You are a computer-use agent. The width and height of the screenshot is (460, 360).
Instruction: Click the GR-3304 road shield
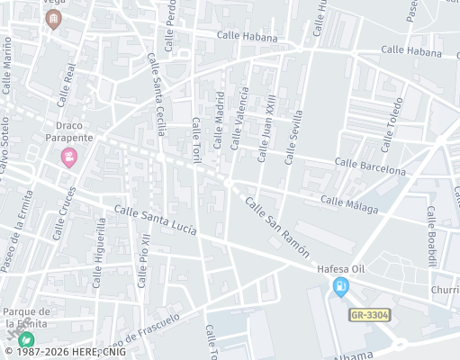(x=369, y=315)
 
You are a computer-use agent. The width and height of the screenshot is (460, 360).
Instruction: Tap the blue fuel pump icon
(x=340, y=288)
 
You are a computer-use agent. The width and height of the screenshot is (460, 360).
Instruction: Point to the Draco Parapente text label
(x=68, y=131)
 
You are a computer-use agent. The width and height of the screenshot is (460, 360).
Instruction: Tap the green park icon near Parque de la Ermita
(x=27, y=339)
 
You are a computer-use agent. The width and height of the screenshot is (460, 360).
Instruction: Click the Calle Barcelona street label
(x=370, y=166)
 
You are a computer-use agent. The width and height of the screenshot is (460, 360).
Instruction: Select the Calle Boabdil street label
(x=432, y=237)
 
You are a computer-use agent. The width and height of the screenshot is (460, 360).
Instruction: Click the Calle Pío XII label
(x=143, y=260)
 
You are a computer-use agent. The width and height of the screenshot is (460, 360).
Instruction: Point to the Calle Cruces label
(x=68, y=212)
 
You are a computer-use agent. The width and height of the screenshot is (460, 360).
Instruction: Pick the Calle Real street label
(x=66, y=84)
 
